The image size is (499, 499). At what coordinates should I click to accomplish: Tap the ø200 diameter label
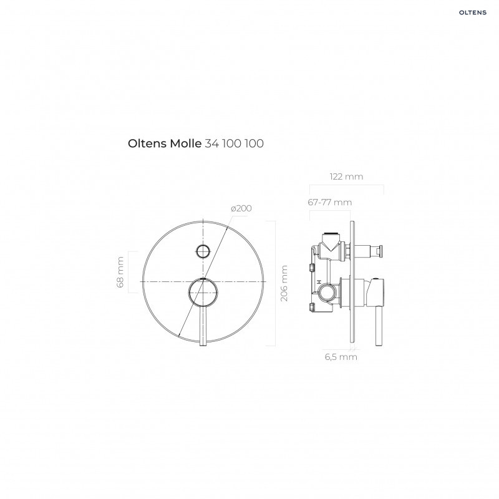tap(241, 208)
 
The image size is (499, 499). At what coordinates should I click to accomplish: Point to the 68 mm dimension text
tap(121, 273)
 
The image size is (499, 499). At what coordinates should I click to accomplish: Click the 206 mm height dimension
tap(284, 283)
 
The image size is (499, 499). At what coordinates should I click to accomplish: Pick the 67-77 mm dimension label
tap(330, 202)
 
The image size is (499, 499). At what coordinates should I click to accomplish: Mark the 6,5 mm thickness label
tap(341, 357)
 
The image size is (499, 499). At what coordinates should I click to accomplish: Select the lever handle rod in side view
tap(377, 324)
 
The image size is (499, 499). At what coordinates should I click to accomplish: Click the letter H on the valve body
tap(319, 283)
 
